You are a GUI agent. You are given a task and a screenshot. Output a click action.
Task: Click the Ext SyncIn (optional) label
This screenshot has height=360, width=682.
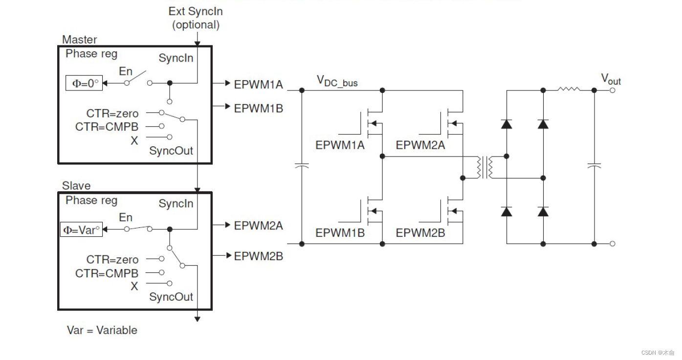(196, 18)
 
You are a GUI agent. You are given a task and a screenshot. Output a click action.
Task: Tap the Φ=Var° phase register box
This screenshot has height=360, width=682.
(81, 229)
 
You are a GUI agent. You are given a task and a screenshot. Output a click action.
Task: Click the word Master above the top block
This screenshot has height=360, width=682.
(80, 40)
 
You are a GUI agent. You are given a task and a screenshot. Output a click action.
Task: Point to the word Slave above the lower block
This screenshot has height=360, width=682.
(76, 186)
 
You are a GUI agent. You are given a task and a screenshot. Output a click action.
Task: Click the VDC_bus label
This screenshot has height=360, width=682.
(337, 81)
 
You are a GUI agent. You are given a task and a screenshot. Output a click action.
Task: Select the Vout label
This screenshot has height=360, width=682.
(611, 79)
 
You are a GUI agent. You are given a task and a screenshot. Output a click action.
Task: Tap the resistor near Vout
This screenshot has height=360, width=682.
(569, 90)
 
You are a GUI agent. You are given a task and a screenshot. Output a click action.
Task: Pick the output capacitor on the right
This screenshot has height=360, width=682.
(594, 167)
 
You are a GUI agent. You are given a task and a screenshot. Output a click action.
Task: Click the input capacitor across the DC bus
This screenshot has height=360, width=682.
(302, 167)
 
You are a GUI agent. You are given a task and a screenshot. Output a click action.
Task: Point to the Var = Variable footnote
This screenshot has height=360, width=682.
(102, 330)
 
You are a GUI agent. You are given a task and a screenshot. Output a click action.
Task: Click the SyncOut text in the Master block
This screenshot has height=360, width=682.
(171, 151)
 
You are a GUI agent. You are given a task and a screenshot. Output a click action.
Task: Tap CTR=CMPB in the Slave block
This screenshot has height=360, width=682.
(107, 273)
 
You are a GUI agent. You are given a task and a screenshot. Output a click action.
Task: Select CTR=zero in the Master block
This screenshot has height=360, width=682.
(112, 113)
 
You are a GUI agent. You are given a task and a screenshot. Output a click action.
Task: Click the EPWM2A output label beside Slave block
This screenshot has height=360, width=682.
(258, 225)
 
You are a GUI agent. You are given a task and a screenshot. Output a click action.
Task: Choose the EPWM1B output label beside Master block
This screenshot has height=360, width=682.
(258, 108)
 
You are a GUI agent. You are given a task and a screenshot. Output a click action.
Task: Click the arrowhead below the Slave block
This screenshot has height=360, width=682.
(197, 319)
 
